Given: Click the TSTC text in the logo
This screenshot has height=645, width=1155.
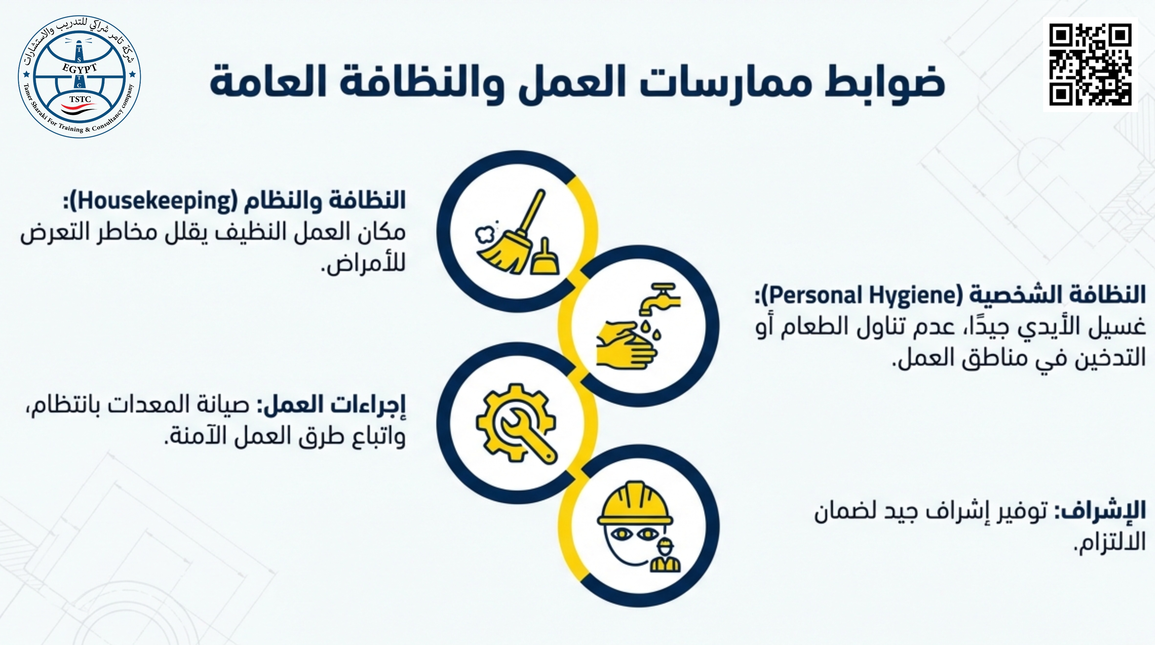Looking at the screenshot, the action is pyautogui.click(x=80, y=99).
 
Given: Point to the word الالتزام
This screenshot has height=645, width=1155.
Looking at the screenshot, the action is pyautogui.click(x=1110, y=542).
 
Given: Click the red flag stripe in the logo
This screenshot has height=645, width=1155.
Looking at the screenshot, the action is pyautogui.click(x=79, y=108).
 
